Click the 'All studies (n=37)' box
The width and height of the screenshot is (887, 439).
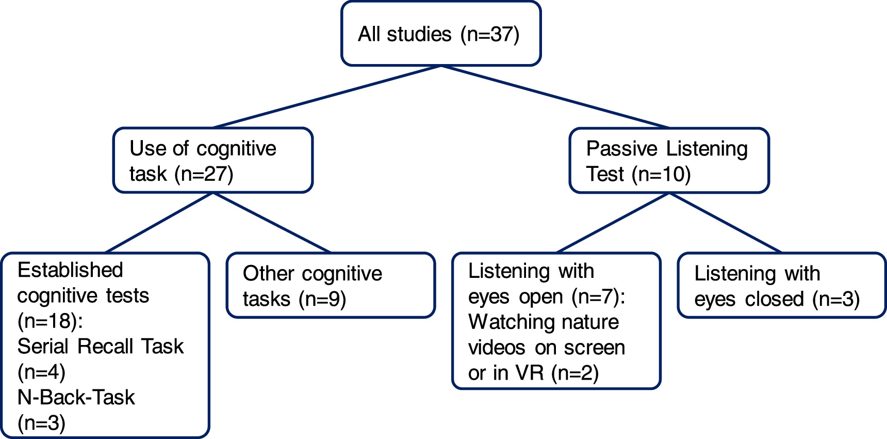click(x=441, y=34)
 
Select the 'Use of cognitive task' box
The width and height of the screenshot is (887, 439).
click(x=212, y=161)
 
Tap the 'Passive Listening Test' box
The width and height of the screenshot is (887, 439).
click(x=669, y=161)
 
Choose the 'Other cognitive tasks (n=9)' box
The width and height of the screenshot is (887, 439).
click(x=331, y=285)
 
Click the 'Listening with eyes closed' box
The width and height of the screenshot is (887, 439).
click(x=781, y=285)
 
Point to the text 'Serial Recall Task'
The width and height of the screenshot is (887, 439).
click(x=101, y=346)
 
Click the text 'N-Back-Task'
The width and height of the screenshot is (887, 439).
click(x=76, y=397)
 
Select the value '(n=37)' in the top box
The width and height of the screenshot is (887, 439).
click(x=490, y=35)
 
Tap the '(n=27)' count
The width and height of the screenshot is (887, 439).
click(x=204, y=174)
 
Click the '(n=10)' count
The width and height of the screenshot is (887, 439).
click(x=662, y=174)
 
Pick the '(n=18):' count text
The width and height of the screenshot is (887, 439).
click(x=50, y=321)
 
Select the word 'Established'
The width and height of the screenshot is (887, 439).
click(x=71, y=270)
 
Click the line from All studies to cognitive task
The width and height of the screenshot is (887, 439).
click(x=327, y=97)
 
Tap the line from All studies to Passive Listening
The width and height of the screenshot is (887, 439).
click(x=555, y=97)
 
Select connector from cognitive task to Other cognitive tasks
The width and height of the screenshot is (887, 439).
click(x=272, y=223)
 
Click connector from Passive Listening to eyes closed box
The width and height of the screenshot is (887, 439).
click(x=725, y=223)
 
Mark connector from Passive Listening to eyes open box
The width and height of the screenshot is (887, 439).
click(x=613, y=223)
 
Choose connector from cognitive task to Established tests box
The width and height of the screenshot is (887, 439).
click(x=159, y=223)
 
